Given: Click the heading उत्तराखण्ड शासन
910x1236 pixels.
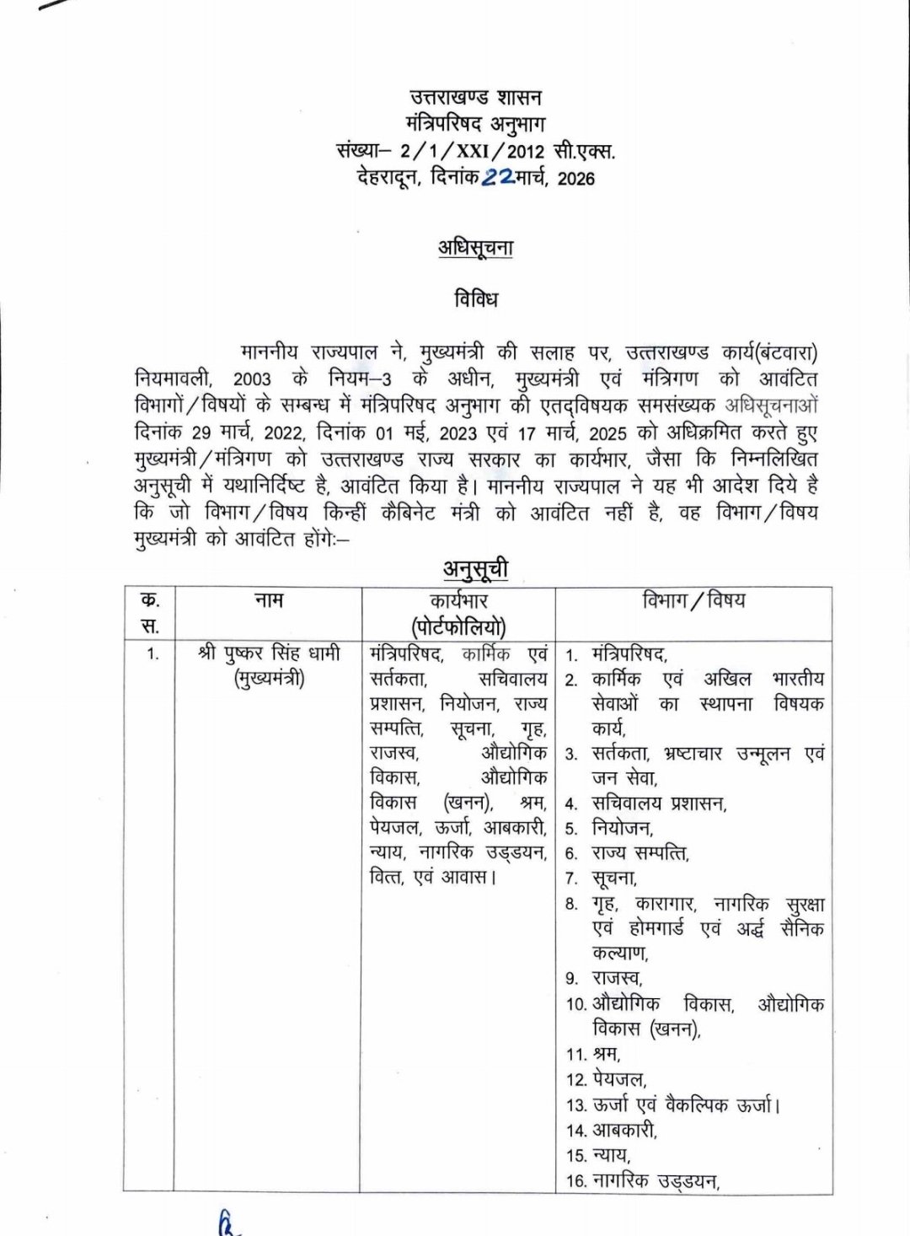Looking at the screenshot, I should (x=476, y=97).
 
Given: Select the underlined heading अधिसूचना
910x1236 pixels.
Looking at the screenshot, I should (x=475, y=248).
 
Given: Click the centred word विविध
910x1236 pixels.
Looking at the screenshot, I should (x=476, y=299).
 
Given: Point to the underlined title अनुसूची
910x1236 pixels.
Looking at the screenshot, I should (x=476, y=569).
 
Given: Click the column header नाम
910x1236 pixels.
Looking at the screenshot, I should (x=268, y=600).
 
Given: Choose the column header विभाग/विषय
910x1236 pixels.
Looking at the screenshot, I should (x=693, y=600).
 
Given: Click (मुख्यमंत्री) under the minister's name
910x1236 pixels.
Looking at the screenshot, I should (x=269, y=678).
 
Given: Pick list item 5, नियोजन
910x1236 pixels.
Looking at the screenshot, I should (x=622, y=828).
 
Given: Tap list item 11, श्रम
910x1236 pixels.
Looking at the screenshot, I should (x=606, y=1054).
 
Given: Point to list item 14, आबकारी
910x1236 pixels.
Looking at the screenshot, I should (x=624, y=1130).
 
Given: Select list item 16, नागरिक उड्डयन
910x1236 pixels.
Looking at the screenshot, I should (x=655, y=1181).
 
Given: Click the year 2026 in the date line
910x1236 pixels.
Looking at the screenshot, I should (x=575, y=179).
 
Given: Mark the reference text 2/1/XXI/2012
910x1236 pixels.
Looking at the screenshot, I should (x=474, y=153).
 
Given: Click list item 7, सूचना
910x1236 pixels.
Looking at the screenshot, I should (x=613, y=879).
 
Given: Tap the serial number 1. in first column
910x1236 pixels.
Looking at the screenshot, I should (x=152, y=653).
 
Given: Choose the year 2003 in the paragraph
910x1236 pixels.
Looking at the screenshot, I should (x=253, y=379).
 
